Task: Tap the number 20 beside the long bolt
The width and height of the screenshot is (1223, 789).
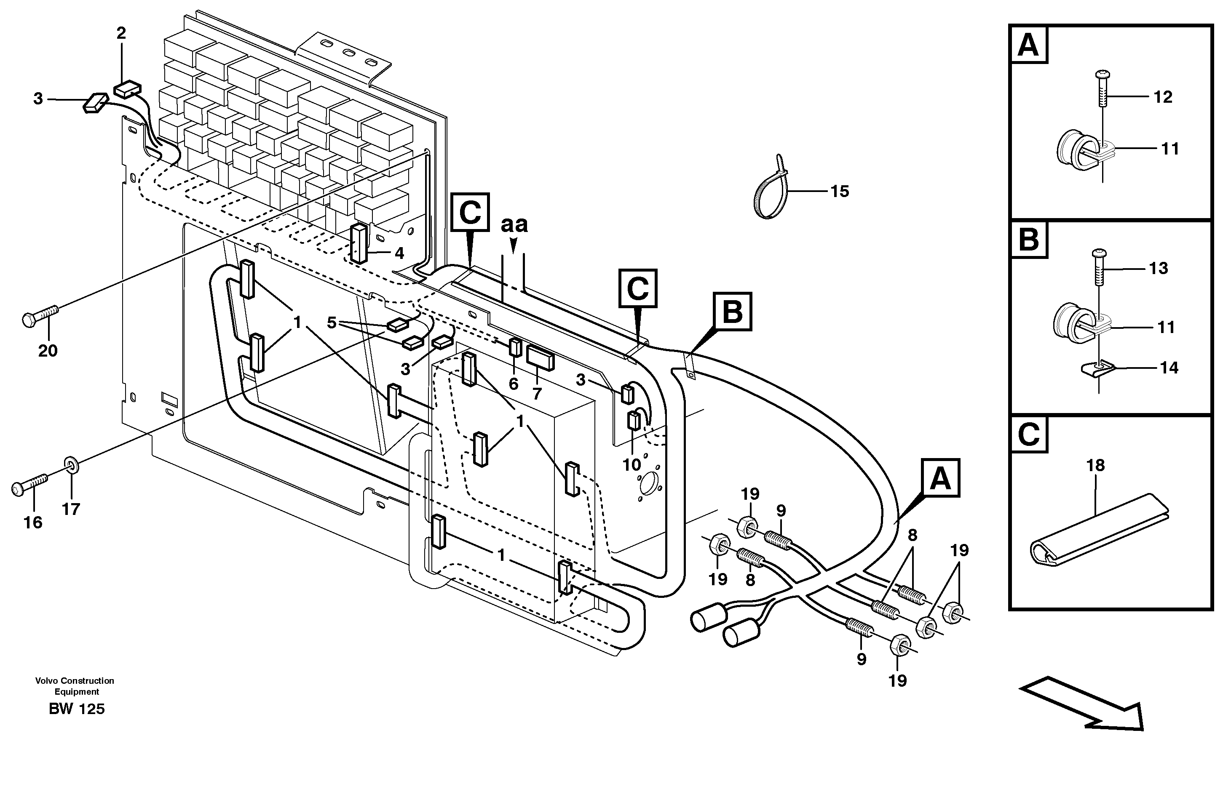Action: [48, 351]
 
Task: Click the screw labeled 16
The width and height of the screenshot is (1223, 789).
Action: [30, 484]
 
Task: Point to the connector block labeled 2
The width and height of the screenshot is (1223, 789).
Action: [127, 89]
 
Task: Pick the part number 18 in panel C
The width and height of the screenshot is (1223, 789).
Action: [1095, 465]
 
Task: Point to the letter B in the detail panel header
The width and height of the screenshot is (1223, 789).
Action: [1029, 239]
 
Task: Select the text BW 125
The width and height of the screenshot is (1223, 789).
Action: [77, 709]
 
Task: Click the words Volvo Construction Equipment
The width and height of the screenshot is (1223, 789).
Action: [75, 686]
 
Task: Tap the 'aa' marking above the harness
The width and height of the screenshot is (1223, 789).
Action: [514, 224]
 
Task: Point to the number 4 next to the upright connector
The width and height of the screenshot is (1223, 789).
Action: [399, 253]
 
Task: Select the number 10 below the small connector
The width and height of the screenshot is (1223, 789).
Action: [632, 465]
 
